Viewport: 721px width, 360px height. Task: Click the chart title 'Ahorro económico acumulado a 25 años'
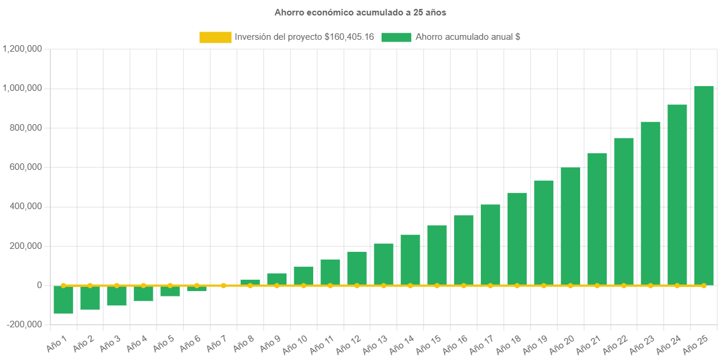coord(360,12)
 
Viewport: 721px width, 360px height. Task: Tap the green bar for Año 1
coord(63,299)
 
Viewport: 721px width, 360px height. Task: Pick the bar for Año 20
coord(570,226)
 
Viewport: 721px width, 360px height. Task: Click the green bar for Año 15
coord(437,255)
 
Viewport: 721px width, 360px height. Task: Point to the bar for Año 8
coord(250,282)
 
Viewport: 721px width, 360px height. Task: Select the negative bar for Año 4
coord(143,293)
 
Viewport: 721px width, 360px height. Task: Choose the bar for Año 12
coord(357,268)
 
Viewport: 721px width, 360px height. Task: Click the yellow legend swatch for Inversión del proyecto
coord(215,37)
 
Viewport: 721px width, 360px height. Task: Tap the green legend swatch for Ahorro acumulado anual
coord(396,37)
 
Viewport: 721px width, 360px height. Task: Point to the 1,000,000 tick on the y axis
coord(22,88)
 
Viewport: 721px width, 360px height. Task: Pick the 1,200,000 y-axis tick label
coord(22,49)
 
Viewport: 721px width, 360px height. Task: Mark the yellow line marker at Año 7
coord(223,285)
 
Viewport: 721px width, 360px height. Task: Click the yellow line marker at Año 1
coord(63,285)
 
